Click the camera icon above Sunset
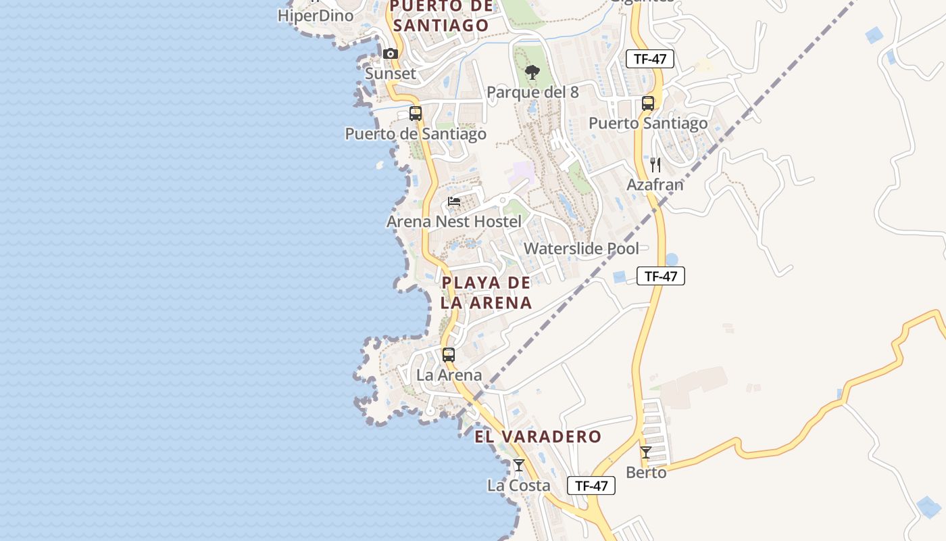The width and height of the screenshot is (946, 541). click(390, 54)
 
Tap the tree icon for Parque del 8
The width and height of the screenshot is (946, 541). click(532, 72)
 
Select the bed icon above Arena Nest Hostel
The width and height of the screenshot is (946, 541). click(454, 202)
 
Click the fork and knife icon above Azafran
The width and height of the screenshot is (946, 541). click(655, 164)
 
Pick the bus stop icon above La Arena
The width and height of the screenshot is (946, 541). click(449, 354)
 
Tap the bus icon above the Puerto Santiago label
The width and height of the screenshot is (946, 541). click(648, 103)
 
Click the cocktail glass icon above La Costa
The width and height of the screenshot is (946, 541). click(518, 465)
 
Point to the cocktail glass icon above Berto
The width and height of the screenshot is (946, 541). click(646, 452)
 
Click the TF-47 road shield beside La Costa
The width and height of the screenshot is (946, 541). click(591, 486)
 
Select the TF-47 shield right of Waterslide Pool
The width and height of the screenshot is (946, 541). click(660, 276)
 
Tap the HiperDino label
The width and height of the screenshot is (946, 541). click(316, 15)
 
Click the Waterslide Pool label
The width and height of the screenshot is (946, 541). click(581, 248)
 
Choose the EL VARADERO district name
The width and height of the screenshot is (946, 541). click(538, 437)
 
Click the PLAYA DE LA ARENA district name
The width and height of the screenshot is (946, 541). click(487, 292)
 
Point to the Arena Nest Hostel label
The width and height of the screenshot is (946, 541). click(454, 222)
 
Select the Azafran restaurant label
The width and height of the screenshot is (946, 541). click(655, 185)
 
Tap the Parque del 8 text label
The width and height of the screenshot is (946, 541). click(532, 92)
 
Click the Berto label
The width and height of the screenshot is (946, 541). click(646, 472)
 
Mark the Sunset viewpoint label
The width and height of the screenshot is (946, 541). click(390, 73)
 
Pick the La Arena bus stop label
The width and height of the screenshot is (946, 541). click(449, 375)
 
